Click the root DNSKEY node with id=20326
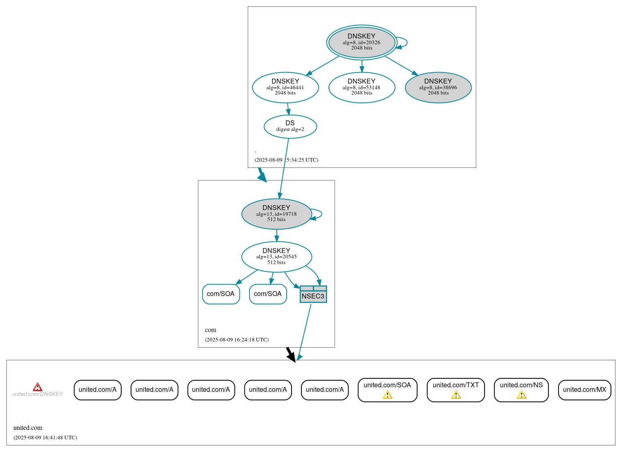tap(362, 42)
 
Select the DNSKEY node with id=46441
tap(285, 87)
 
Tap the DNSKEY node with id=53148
tap(362, 87)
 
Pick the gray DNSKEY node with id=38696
tap(438, 87)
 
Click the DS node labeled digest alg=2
tap(290, 126)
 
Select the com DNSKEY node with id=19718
tap(276, 214)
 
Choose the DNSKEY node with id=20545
tap(276, 257)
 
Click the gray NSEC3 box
tap(313, 294)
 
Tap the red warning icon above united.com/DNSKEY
tap(38, 387)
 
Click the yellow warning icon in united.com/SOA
tap(387, 395)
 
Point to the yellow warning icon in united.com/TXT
tap(456, 395)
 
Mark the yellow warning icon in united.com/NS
tap(521, 395)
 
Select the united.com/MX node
tap(584, 390)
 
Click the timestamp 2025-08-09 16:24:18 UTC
tap(237, 340)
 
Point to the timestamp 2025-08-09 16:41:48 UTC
tap(45, 438)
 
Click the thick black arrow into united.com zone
tap(291, 355)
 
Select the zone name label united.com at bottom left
tap(28, 428)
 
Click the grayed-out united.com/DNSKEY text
tap(38, 394)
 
